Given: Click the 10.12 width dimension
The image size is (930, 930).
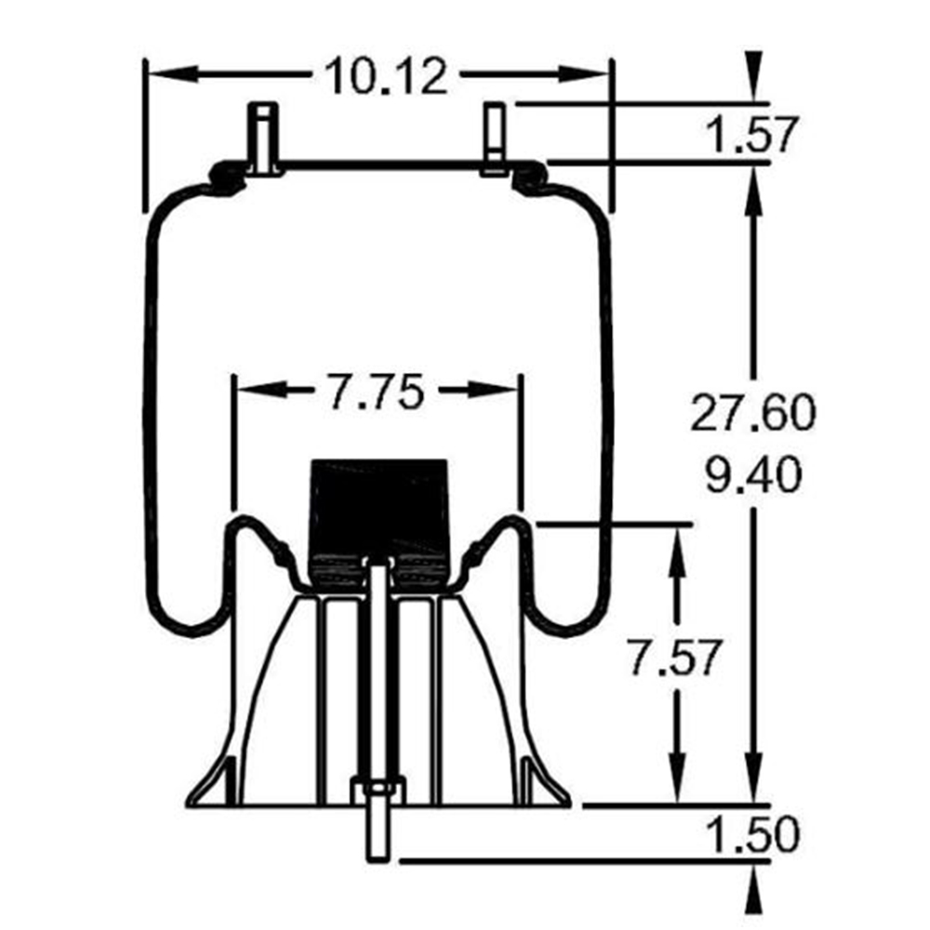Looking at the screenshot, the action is (x=386, y=75).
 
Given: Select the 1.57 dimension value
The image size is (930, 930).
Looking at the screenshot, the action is (x=752, y=135).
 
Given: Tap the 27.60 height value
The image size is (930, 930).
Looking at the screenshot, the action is (x=753, y=412).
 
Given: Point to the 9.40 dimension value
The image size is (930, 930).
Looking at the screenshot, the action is (x=754, y=474).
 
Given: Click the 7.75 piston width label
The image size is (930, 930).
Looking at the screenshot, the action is (x=376, y=392).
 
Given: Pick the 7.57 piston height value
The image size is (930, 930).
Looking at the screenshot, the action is (x=675, y=658).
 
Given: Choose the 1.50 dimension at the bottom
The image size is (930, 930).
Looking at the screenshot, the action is (x=753, y=834).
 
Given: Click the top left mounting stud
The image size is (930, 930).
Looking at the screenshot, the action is (x=263, y=139).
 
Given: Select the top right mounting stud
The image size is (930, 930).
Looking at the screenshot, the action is (x=495, y=139).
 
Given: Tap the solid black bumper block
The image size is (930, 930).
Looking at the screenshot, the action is (x=379, y=522).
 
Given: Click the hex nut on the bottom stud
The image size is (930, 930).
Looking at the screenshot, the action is (x=378, y=791).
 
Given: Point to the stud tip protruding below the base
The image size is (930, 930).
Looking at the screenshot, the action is (x=378, y=833).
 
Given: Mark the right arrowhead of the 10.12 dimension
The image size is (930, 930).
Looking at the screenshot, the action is (x=585, y=74).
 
